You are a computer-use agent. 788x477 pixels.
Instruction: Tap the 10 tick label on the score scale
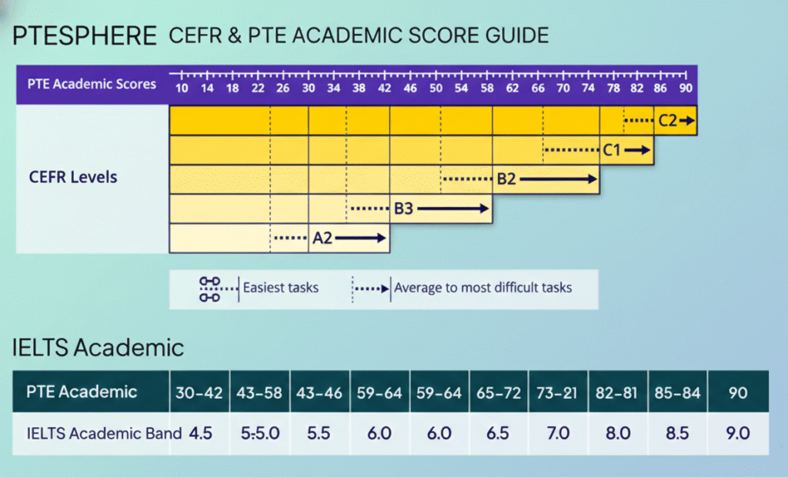(x=182, y=88)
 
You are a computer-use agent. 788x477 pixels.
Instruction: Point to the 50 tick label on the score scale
(x=436, y=88)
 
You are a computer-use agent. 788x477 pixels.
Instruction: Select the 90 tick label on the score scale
(x=685, y=88)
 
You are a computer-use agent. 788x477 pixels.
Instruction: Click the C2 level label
(x=667, y=120)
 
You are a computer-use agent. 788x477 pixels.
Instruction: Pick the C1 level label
(x=612, y=150)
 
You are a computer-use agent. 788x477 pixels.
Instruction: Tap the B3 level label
(x=404, y=208)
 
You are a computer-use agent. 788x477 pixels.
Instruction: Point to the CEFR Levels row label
(x=72, y=178)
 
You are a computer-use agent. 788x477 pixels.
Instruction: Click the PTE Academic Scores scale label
(x=92, y=84)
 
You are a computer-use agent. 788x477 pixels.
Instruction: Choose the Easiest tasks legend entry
(x=280, y=288)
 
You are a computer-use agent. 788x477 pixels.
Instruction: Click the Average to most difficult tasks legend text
(x=482, y=288)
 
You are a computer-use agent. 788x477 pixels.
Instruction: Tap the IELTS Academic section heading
(x=98, y=347)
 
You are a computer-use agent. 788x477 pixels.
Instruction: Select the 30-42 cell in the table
(x=199, y=393)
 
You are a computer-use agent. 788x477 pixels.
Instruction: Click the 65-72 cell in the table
(x=499, y=393)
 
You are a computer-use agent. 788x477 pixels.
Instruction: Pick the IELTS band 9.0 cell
(x=737, y=433)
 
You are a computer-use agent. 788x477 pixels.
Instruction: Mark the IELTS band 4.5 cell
(x=200, y=433)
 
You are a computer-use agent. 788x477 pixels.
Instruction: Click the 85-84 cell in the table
(x=678, y=393)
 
